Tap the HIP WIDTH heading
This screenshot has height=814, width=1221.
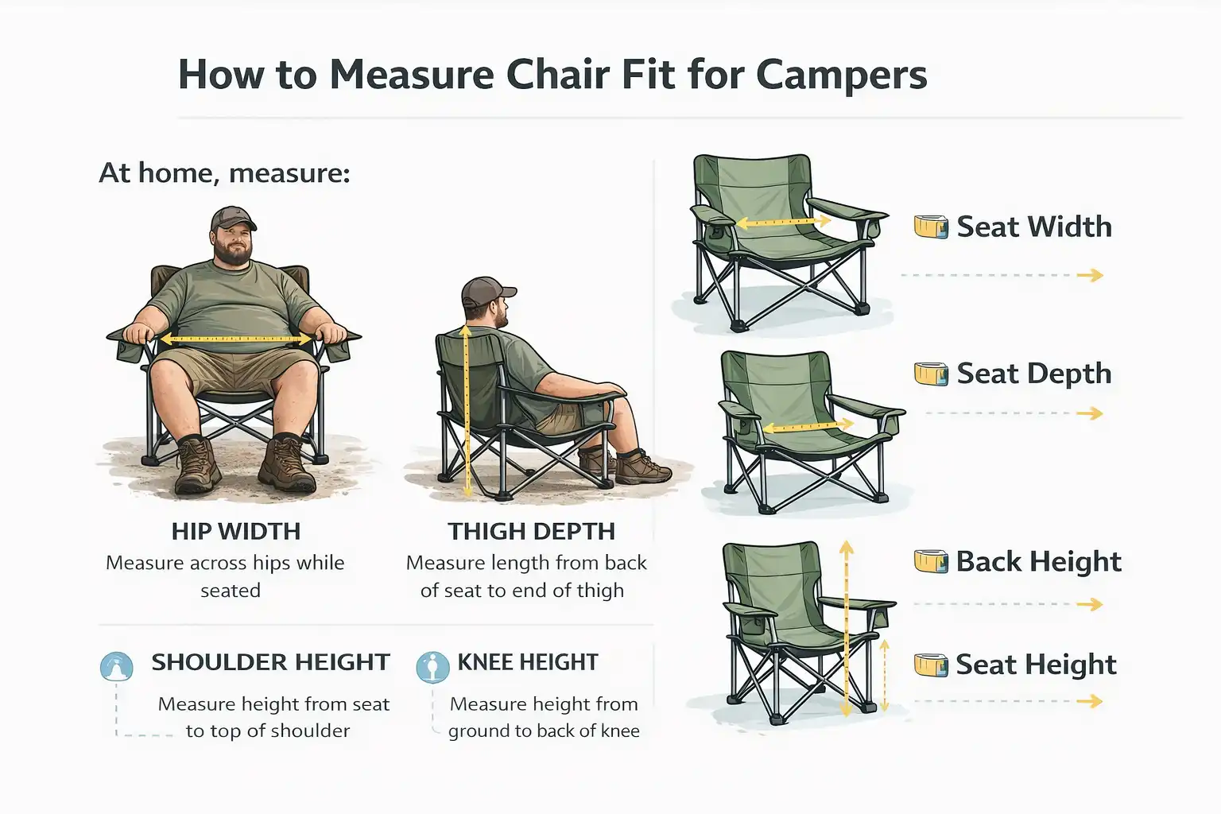click(x=236, y=531)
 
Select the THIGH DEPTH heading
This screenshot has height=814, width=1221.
click(x=531, y=531)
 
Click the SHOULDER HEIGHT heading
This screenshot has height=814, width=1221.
click(x=270, y=662)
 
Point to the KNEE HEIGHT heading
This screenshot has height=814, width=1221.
click(x=528, y=662)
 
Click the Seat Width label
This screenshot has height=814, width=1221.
click(x=1033, y=227)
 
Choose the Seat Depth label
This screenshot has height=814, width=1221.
click(x=1033, y=374)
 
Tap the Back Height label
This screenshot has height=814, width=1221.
click(x=1038, y=562)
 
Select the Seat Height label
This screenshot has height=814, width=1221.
click(x=1036, y=665)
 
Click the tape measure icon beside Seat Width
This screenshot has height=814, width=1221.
click(x=931, y=227)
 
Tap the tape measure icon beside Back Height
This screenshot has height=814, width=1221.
click(x=931, y=562)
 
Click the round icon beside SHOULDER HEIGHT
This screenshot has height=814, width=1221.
click(x=117, y=666)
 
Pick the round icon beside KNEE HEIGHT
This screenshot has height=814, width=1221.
click(x=432, y=667)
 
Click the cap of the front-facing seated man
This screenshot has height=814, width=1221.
click(x=232, y=218)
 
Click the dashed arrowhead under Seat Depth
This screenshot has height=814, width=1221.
click(x=1095, y=413)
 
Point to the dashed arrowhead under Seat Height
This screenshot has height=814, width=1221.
click(x=1095, y=701)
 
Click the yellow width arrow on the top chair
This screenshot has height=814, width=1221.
click(x=782, y=223)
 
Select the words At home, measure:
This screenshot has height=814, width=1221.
click(x=224, y=172)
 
